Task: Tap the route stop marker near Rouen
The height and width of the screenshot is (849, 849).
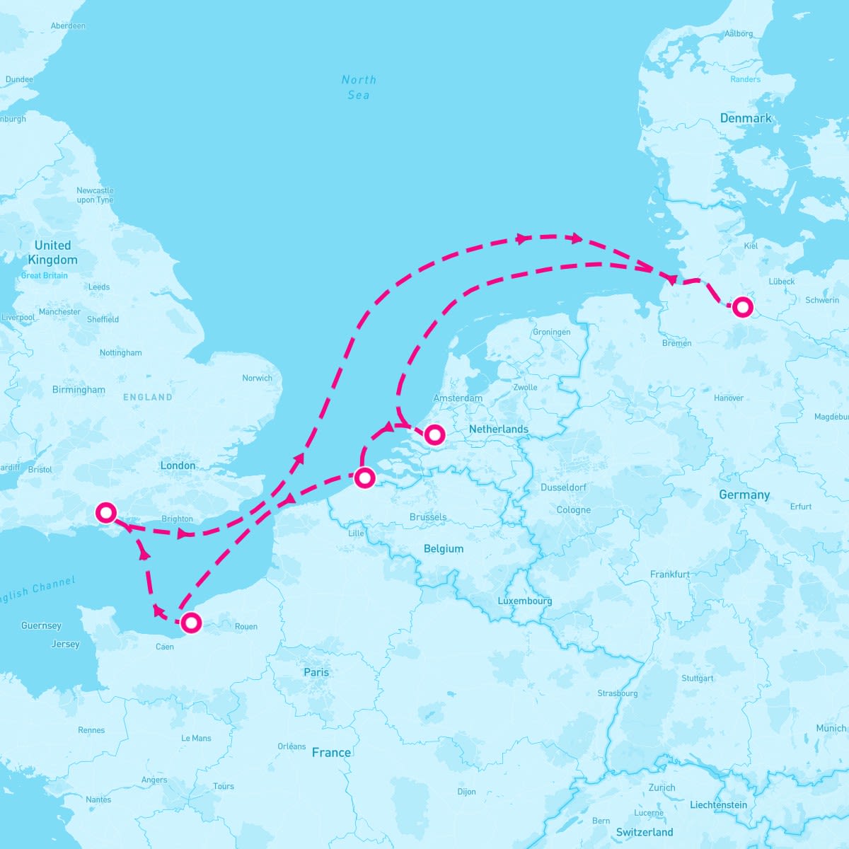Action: (x=191, y=623)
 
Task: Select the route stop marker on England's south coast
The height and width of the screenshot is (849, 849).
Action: (x=105, y=512)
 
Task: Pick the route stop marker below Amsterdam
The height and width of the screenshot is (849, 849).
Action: (x=434, y=434)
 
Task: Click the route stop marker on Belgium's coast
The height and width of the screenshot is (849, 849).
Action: (x=364, y=478)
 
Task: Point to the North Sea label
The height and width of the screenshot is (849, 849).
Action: (x=359, y=87)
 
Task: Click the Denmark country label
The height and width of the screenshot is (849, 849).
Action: (x=746, y=118)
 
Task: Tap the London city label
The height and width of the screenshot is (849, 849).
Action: (x=178, y=466)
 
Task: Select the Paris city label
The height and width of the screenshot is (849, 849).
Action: (x=316, y=672)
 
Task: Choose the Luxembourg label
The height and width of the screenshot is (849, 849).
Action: (x=524, y=601)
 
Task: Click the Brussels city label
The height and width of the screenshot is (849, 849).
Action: (x=428, y=517)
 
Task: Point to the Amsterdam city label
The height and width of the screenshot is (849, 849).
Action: (x=458, y=398)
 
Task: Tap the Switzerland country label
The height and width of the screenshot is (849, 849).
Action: (x=645, y=832)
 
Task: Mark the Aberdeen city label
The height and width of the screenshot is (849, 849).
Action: (x=68, y=26)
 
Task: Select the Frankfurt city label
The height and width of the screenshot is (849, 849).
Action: (x=669, y=574)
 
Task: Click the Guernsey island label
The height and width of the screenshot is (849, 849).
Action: (x=41, y=625)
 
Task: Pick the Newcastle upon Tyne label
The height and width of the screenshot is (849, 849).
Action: (x=95, y=195)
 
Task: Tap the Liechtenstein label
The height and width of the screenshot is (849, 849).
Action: (x=718, y=804)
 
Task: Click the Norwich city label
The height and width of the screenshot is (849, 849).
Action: (x=257, y=378)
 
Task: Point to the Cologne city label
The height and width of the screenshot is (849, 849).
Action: (x=573, y=510)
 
